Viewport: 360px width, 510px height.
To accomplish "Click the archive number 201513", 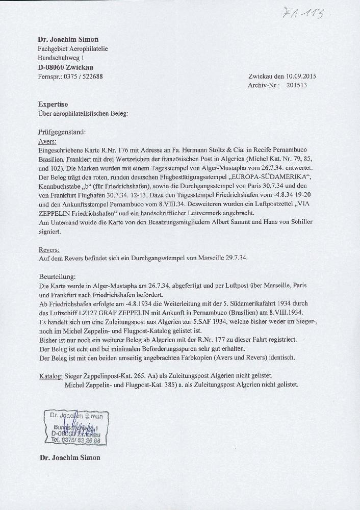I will [x=297, y=86].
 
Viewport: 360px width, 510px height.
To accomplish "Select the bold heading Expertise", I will [x=53, y=104].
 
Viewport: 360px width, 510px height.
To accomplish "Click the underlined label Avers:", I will [x=47, y=141].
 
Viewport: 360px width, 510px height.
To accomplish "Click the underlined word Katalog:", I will [x=52, y=376].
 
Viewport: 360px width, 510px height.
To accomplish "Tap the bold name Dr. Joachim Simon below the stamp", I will [x=70, y=457].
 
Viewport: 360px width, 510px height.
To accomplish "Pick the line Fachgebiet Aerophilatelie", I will [x=73, y=49].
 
